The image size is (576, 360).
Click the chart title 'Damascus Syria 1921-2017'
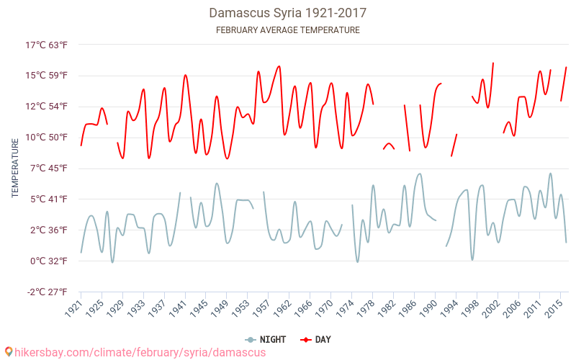coord(288,13)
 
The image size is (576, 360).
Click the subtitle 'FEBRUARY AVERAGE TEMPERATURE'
coord(288,30)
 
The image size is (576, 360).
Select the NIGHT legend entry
coord(266,339)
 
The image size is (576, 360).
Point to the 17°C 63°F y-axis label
coord(47,45)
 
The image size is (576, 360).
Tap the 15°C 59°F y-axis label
coord(47,76)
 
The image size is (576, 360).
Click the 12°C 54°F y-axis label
coord(47,107)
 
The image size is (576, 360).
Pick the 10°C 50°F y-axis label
coord(47,138)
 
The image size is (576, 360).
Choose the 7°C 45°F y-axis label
coord(47,168)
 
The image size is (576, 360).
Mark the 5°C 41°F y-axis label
coord(47,199)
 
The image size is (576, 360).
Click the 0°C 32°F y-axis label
coord(47,261)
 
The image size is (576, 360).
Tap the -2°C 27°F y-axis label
coord(47,292)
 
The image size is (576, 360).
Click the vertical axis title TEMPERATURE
coord(15,168)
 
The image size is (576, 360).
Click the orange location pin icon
coord(8,352)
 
